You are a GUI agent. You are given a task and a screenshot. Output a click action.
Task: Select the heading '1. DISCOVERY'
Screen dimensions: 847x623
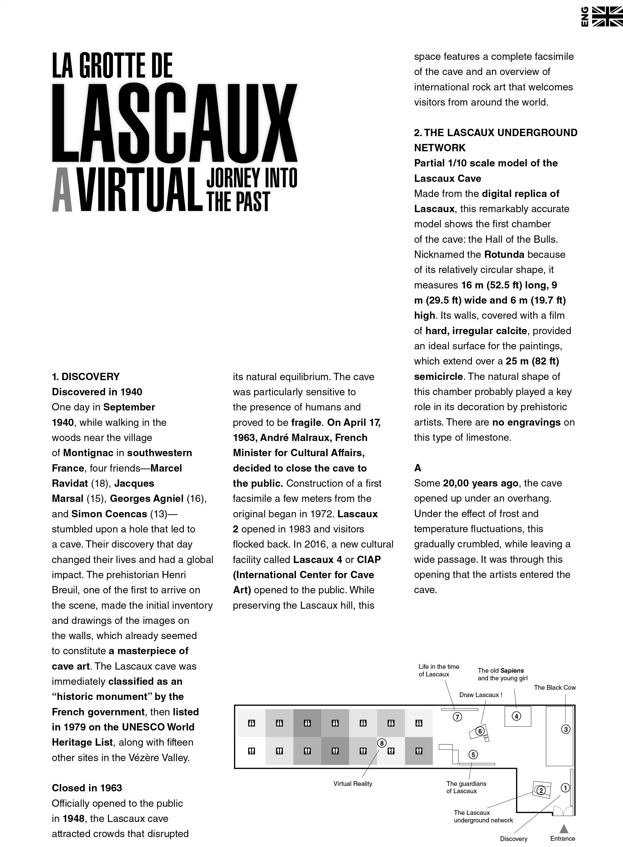(x=85, y=376)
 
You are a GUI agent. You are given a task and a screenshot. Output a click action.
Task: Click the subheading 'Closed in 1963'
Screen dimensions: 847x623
(x=87, y=788)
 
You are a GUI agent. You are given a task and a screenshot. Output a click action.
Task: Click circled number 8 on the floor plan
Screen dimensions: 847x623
(x=382, y=743)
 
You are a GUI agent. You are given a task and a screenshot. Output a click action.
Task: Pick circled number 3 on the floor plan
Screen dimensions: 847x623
(x=565, y=729)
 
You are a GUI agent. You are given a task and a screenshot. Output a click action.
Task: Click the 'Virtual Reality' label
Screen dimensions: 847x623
(x=353, y=784)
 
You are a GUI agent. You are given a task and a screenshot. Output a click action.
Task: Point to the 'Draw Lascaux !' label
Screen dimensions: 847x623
(x=481, y=695)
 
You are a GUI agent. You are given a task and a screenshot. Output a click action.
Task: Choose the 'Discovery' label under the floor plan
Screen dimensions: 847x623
(x=513, y=839)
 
